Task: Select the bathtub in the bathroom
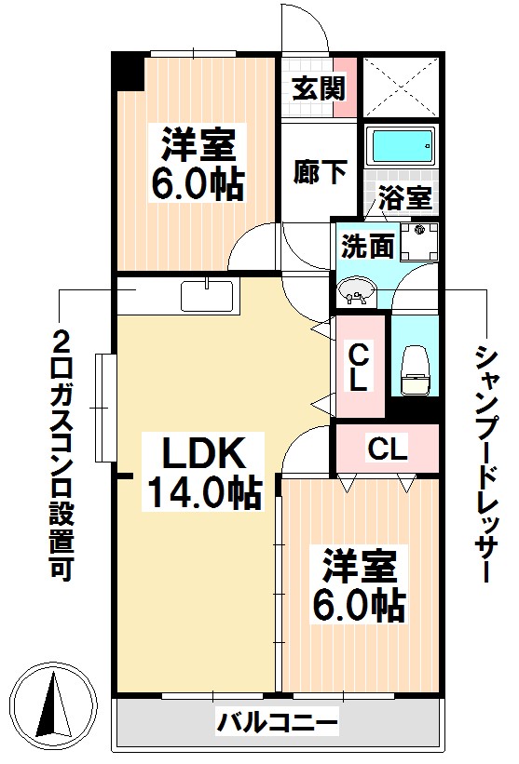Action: [401, 146]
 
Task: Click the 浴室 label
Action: [404, 198]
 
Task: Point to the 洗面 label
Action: [360, 248]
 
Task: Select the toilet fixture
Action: [414, 368]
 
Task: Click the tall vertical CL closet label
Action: [360, 367]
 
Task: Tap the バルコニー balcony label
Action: [277, 721]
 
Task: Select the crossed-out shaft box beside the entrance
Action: [399, 87]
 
